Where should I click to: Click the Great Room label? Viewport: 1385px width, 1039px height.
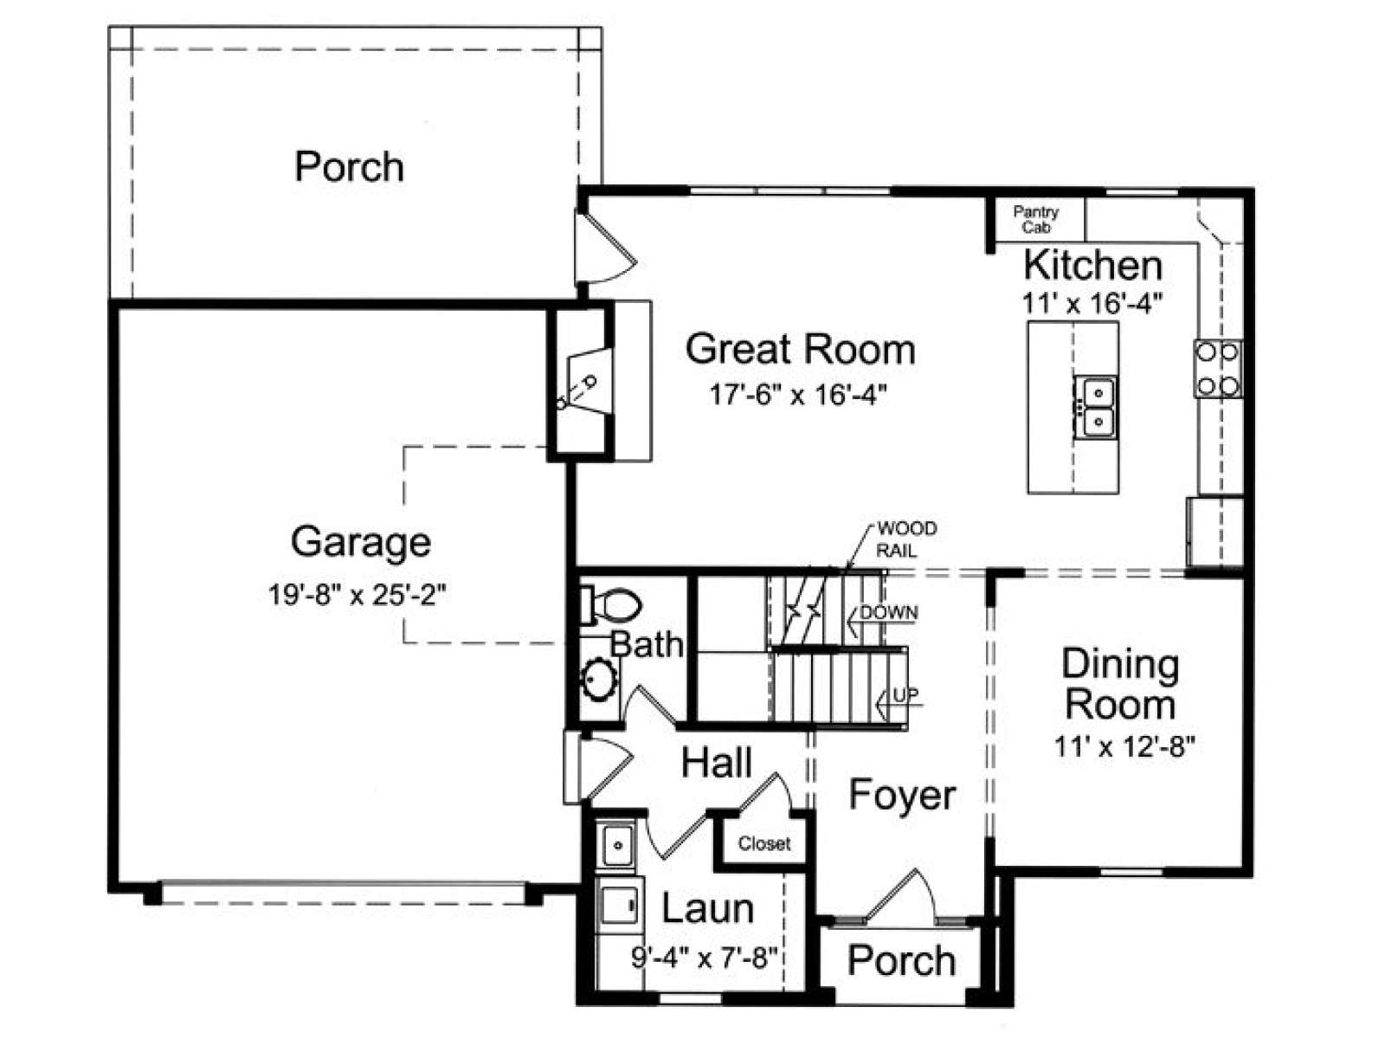[800, 350]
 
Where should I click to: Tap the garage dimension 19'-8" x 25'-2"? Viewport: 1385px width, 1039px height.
[358, 594]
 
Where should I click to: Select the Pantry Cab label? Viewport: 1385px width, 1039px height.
[1035, 220]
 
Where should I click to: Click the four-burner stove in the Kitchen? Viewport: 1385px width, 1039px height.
[1217, 369]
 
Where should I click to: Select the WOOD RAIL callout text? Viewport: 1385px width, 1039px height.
[906, 539]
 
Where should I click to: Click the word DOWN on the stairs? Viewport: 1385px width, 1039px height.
[889, 612]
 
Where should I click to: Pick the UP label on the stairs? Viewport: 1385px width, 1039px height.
[905, 695]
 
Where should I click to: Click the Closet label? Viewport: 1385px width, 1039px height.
[764, 843]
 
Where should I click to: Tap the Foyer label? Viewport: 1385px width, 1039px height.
[902, 795]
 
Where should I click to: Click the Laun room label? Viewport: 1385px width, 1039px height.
[707, 908]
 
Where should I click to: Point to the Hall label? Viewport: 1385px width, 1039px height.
[717, 762]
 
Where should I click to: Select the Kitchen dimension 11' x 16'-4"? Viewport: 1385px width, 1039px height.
[1092, 303]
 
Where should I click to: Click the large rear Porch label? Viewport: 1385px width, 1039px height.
[350, 167]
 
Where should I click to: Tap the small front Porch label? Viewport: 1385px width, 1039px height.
[902, 961]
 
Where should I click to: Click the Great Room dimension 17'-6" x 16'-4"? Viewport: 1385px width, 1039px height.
[799, 396]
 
